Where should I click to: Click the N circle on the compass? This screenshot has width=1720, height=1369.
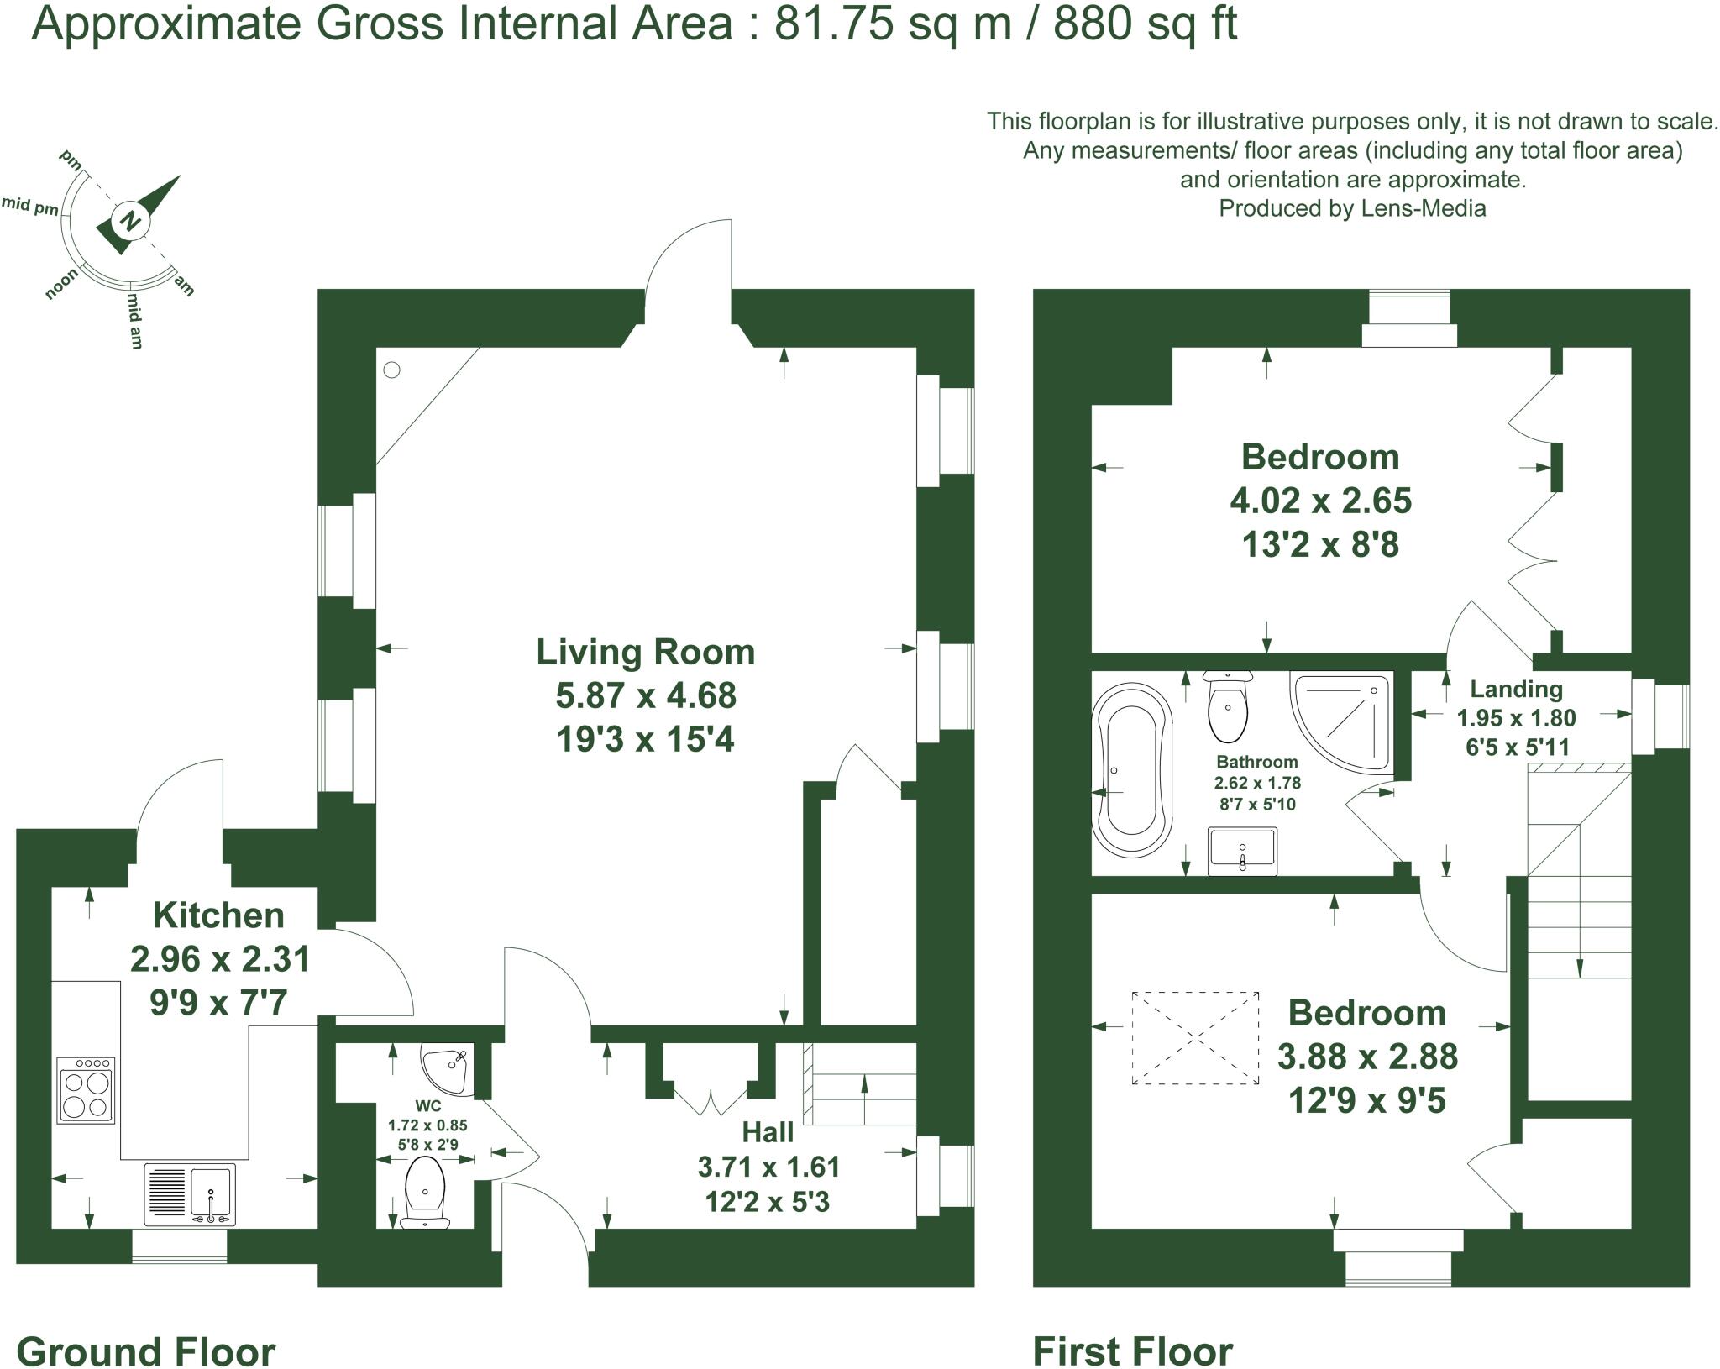(x=129, y=221)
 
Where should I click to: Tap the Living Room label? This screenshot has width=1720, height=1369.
(x=645, y=653)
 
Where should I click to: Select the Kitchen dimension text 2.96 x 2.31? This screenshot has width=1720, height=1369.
(x=220, y=958)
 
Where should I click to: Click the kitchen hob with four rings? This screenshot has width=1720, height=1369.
(x=86, y=1090)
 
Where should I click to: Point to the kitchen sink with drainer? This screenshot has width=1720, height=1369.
(x=190, y=1194)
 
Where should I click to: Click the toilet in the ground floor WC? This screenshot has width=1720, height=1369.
(x=425, y=1191)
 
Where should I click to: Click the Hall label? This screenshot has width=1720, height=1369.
(x=768, y=1132)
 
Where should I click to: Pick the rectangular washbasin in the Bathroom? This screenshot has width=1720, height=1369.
(x=1242, y=852)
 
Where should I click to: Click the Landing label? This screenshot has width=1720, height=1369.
(x=1516, y=690)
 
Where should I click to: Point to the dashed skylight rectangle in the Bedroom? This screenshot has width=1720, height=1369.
(x=1195, y=1038)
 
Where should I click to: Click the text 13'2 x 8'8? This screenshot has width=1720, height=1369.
(x=1319, y=544)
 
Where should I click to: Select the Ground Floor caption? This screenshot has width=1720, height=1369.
(x=146, y=1329)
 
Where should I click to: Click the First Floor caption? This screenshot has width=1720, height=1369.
(x=1132, y=1329)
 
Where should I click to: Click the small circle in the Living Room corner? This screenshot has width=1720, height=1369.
(x=392, y=370)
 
